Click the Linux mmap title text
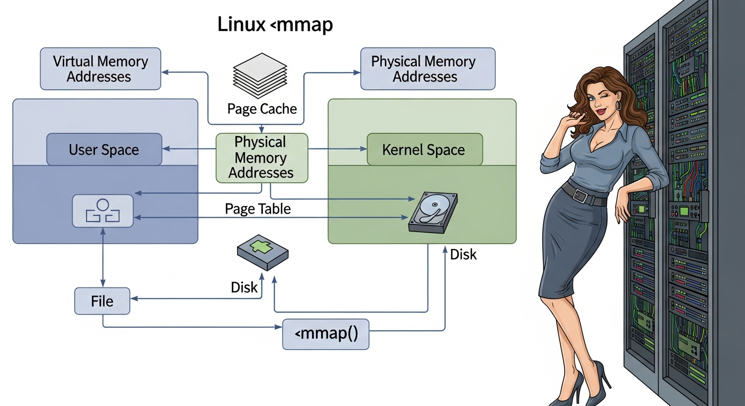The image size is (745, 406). [x=275, y=24]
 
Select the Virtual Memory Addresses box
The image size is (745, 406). [x=101, y=69]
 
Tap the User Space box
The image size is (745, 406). [x=104, y=150]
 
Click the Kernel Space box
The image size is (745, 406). [x=424, y=150]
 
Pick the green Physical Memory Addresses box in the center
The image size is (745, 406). [x=261, y=158]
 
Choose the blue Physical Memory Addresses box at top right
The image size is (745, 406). [x=428, y=69]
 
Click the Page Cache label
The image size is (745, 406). [x=262, y=109]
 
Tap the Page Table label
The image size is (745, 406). [x=258, y=209]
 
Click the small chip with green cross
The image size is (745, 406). [x=262, y=252]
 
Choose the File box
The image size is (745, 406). [x=102, y=301]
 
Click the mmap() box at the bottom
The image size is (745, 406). [x=325, y=334]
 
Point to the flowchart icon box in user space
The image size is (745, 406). [x=103, y=211]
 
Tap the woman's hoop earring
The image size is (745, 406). [x=617, y=106]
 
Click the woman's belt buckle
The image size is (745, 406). [x=581, y=196]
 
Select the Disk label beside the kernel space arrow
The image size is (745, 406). [x=463, y=255]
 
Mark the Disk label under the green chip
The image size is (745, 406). [x=244, y=288]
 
